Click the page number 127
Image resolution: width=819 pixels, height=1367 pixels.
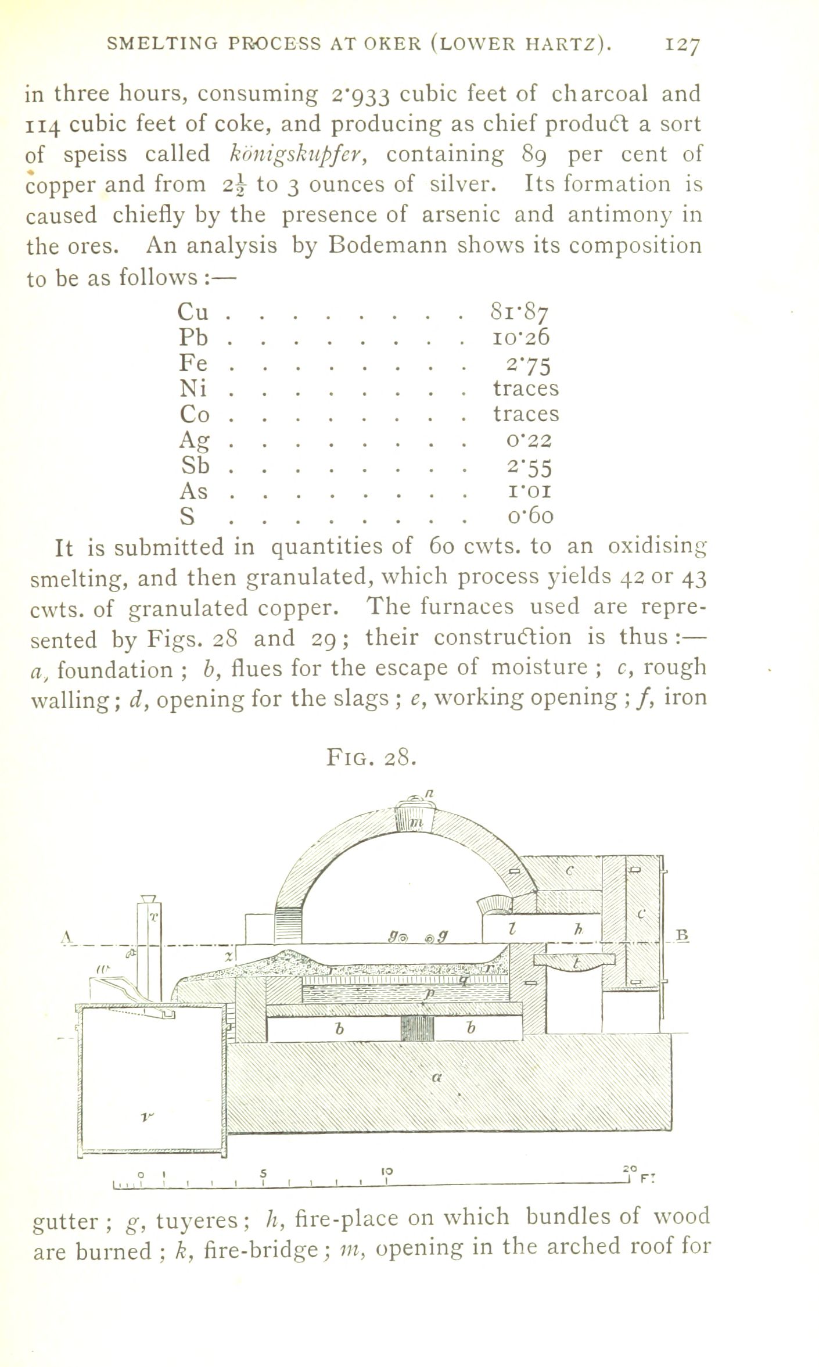pos(683,45)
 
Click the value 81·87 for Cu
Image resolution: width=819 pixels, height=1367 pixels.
pos(519,312)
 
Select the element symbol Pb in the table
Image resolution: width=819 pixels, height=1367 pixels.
pos(193,337)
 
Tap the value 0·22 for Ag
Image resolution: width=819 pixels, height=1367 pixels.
pos(529,440)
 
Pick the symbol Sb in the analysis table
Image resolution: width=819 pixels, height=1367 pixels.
pos(194,466)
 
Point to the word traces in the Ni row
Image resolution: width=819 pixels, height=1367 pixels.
pos(526,388)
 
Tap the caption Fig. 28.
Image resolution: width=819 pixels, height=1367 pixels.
pos(371,758)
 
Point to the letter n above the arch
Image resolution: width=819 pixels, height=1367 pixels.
pos(430,794)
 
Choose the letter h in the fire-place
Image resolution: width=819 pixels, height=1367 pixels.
pos(578,930)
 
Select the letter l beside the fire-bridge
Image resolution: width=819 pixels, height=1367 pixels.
pos(511,930)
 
